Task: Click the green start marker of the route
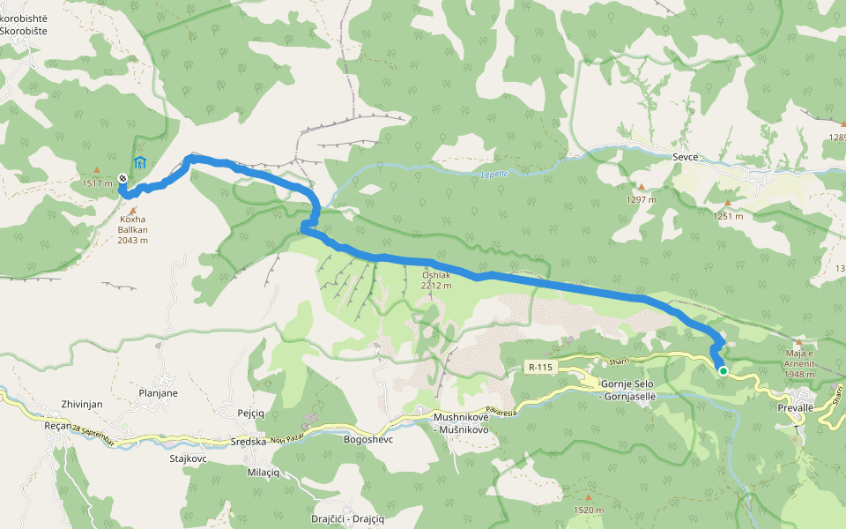(x=723, y=371)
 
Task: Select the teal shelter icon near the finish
(x=139, y=163)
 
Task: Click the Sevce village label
(x=685, y=157)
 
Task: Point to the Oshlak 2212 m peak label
(x=436, y=279)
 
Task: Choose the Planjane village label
(x=159, y=393)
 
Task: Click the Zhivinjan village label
(x=83, y=403)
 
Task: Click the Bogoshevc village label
(x=367, y=438)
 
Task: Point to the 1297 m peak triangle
(x=641, y=187)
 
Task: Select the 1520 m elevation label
(x=588, y=510)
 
